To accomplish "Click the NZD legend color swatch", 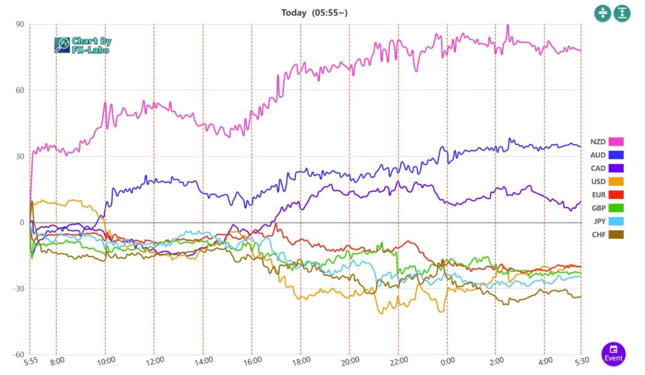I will coord(615,142).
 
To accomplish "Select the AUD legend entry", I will coord(615,155).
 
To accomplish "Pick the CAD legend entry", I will coord(615,168).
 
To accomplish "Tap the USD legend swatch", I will coord(615,181).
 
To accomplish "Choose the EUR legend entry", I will coord(615,194).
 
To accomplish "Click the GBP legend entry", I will coord(615,208).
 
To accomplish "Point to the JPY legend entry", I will coord(615,221).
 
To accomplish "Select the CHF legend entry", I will coord(615,234).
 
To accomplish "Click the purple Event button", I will coord(613,354).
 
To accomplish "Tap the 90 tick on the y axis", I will coord(20,25).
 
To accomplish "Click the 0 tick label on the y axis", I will coord(21,222).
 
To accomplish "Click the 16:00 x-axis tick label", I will coord(252,361).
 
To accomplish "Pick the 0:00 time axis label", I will coord(447,361).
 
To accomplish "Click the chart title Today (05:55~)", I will coord(314,13).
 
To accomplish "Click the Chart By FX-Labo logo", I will coord(83,45).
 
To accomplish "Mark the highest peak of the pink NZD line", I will coord(508,26).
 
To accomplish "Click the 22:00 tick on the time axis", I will coord(398,361).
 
